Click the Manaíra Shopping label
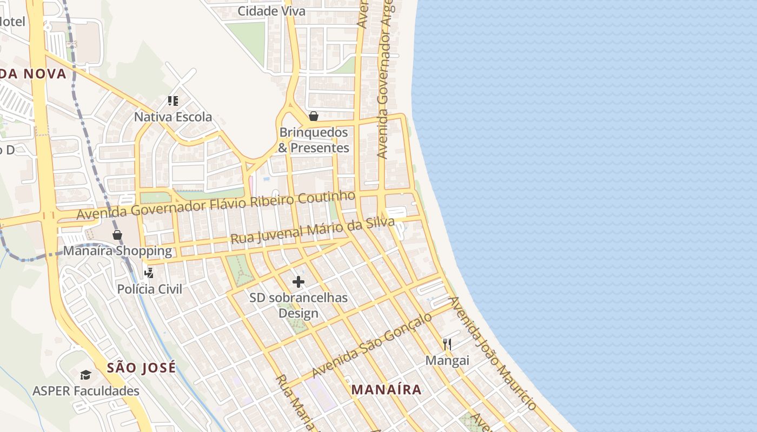pos(117,251)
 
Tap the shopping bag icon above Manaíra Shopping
pos(117,235)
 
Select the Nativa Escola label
pos(173,117)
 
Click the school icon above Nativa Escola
pos(173,100)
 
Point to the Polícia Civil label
pos(150,289)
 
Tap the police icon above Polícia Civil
pos(149,273)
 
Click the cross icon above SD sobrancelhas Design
pos(298,282)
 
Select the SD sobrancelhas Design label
pos(298,305)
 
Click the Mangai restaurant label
pos(447,360)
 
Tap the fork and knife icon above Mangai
pos(447,345)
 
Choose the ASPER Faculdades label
pos(86,390)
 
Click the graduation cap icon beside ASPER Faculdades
pos(85,375)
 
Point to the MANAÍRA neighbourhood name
pos(386,389)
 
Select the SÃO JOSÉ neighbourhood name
pos(141,368)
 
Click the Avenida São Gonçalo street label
pos(371,345)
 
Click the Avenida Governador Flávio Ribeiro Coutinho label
pos(216,205)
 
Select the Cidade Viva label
pos(271,11)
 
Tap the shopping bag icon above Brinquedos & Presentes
pos(313,116)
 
